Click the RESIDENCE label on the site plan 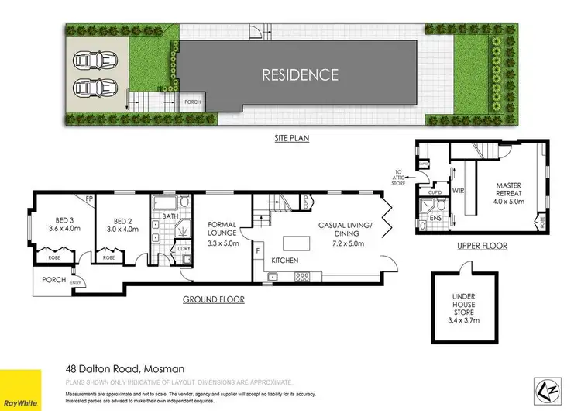tap(300, 75)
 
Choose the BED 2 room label tap(119, 224)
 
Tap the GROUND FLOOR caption tap(213, 299)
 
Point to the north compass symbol tap(545, 389)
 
